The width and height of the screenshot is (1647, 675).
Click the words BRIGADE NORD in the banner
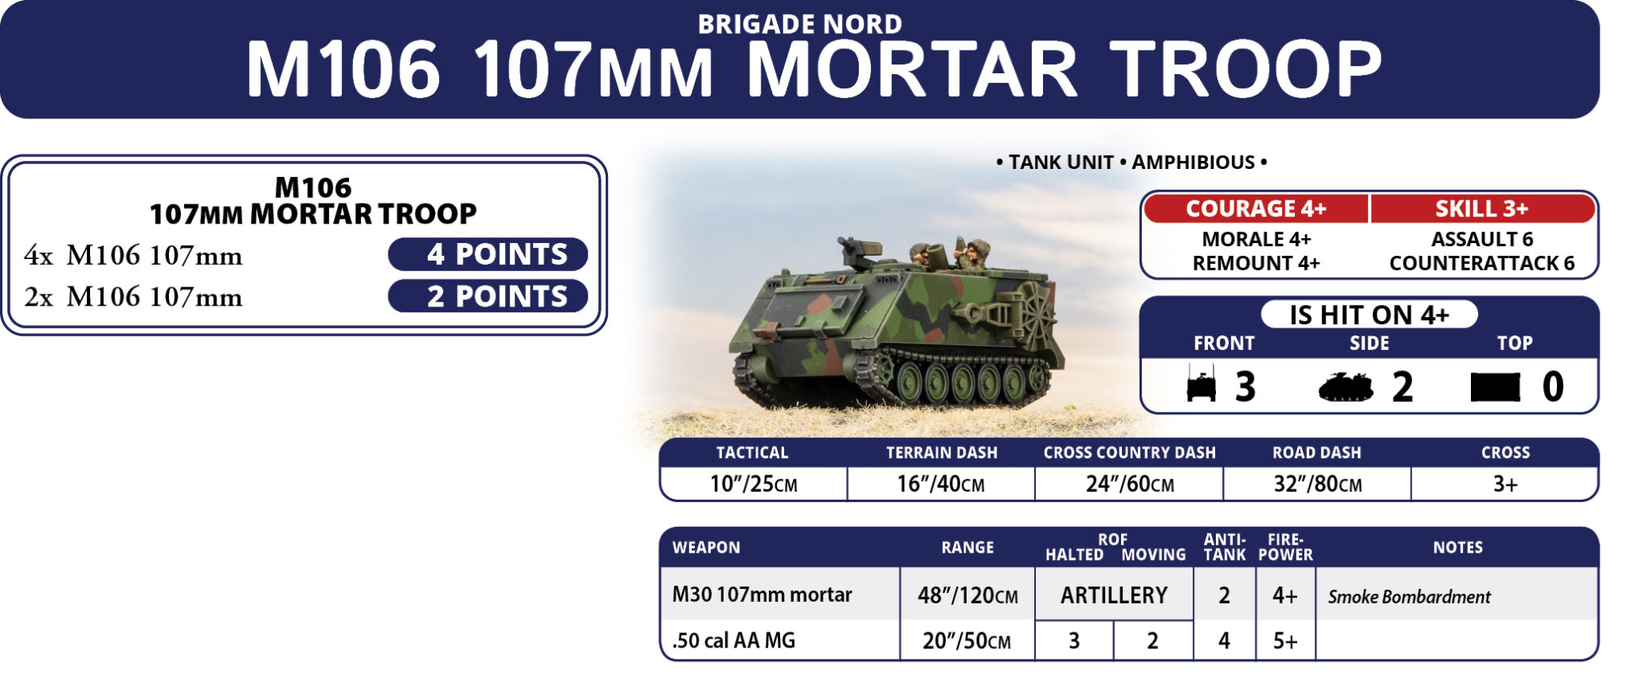[x=799, y=24]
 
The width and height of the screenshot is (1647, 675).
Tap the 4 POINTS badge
[x=488, y=254]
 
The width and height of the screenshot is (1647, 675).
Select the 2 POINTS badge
[x=488, y=296]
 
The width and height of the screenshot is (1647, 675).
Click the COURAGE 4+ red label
[x=1255, y=208]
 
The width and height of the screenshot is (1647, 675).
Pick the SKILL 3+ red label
[x=1482, y=208]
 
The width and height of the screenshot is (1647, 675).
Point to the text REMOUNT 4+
[x=1256, y=263]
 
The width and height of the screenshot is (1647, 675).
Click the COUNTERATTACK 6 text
[x=1482, y=263]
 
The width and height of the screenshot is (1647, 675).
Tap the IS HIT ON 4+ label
[x=1369, y=315]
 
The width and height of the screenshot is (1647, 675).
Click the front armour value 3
[x=1246, y=387]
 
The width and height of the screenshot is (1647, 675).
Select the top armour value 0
[x=1553, y=387]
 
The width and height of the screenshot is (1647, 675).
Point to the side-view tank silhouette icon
[x=1345, y=387]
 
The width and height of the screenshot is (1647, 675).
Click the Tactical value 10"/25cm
[x=754, y=484]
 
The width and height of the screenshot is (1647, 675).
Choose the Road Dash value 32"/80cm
[x=1317, y=484]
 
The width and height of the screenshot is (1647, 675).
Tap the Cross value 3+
[x=1505, y=484]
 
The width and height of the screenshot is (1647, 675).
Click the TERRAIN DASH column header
[x=942, y=453]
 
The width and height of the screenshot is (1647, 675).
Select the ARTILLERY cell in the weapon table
[x=1114, y=595]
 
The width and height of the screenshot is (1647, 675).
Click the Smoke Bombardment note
[x=1409, y=597]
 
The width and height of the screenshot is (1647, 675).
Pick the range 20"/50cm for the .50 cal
[x=967, y=641]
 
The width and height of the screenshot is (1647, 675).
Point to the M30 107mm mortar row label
[x=762, y=595]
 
